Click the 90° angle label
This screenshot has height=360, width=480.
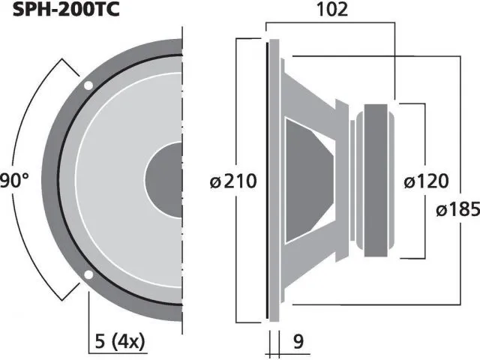(x=13, y=180)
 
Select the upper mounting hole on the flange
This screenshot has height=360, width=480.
(x=88, y=85)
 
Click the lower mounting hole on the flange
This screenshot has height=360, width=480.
(x=88, y=275)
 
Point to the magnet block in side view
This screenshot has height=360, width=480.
(x=373, y=180)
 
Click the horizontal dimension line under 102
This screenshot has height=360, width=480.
(x=330, y=22)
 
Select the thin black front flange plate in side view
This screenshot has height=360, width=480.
(x=268, y=180)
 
